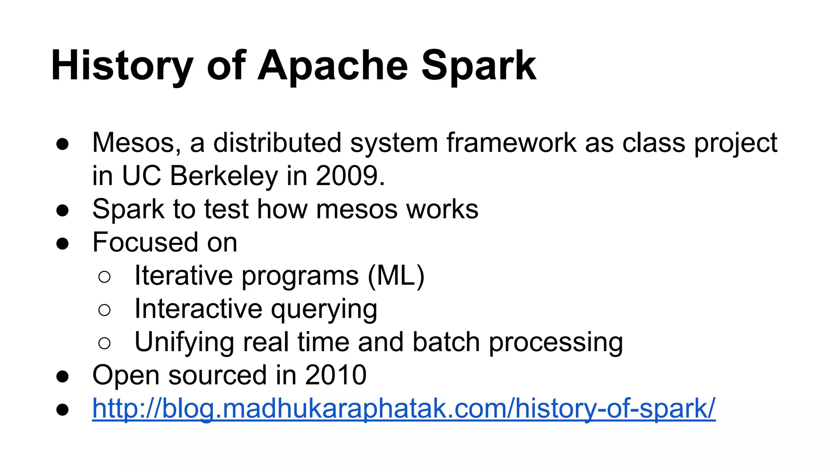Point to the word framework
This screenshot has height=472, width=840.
pyautogui.click(x=511, y=143)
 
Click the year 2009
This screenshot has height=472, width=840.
pyautogui.click(x=350, y=176)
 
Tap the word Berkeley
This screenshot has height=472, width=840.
pyautogui.click(x=224, y=176)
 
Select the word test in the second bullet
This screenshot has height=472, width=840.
pyautogui.click(x=226, y=209)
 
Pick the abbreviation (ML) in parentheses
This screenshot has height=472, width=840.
pyautogui.click(x=396, y=276)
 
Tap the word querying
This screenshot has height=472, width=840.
pyautogui.click(x=324, y=310)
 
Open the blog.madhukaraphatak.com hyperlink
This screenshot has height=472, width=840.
pyautogui.click(x=404, y=409)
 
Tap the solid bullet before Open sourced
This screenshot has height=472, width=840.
pyautogui.click(x=62, y=376)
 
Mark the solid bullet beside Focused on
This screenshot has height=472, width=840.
pyautogui.click(x=62, y=243)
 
